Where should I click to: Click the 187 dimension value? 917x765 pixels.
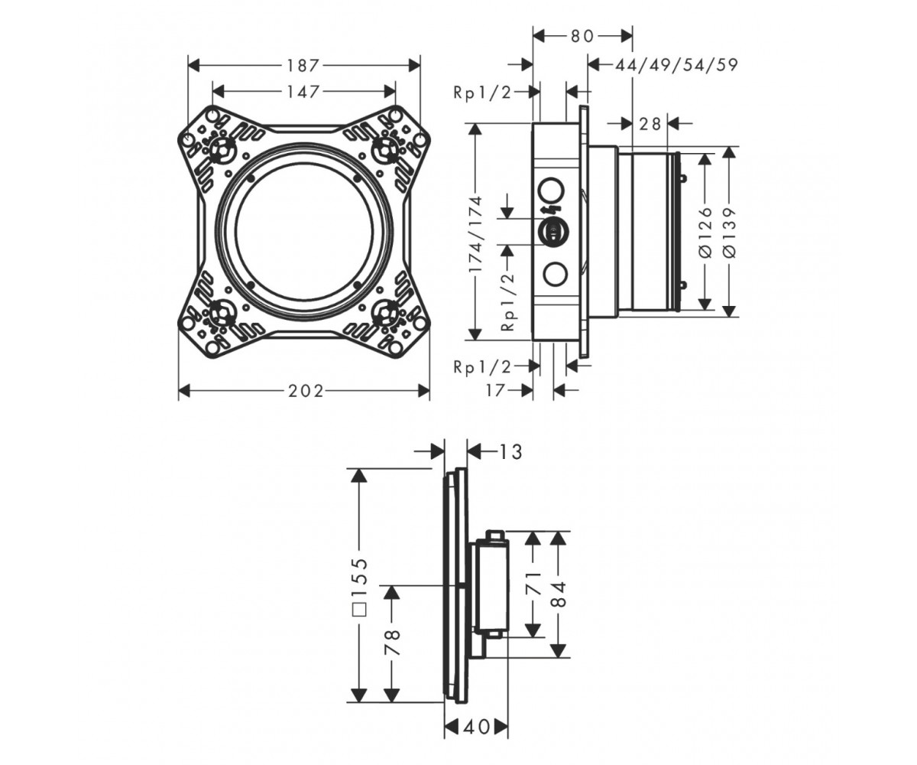click(303, 66)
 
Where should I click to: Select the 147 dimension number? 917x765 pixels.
click(303, 92)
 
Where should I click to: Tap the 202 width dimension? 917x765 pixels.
click(306, 390)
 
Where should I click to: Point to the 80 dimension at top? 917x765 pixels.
click(582, 36)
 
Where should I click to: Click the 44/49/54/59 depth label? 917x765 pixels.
click(676, 65)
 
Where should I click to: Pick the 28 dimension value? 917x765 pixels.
click(650, 124)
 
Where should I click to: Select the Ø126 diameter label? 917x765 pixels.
click(705, 231)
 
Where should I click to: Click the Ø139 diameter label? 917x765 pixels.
click(729, 231)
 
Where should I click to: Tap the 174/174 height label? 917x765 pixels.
click(475, 234)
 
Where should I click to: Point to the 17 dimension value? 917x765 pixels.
click(495, 390)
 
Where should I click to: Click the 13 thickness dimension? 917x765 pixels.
click(510, 451)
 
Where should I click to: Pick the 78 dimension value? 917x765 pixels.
click(393, 643)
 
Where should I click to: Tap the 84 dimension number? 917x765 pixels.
click(559, 595)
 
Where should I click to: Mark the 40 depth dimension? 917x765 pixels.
click(477, 728)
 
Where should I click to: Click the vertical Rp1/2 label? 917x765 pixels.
click(507, 301)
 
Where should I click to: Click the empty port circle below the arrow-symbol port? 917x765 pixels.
click(555, 274)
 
